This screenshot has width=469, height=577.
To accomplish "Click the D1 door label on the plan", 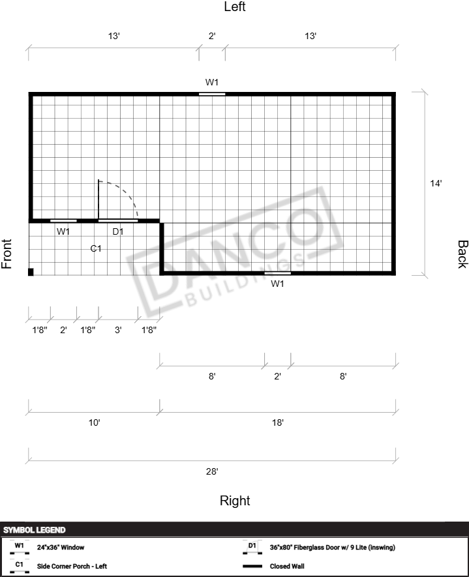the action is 118,231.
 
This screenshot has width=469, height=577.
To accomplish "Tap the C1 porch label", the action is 96,249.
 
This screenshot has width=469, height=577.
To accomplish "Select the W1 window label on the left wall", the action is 212,82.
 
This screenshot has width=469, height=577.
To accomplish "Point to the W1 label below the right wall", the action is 277,284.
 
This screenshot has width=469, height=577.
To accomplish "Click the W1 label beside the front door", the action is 63,231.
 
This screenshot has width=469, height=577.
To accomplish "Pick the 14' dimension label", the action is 436,183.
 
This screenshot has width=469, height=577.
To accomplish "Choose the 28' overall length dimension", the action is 212,471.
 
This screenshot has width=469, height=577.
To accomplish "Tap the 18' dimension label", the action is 278,422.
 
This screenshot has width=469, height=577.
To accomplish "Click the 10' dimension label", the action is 94,422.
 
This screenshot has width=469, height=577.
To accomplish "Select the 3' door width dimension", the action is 118,330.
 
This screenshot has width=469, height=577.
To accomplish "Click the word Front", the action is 7,254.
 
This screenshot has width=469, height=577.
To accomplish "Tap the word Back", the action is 462,254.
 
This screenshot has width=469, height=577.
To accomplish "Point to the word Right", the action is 235,501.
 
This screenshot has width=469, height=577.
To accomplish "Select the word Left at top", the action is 235,7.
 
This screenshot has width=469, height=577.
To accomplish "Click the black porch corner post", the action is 31,272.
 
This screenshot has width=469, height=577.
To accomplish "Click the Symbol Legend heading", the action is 34,530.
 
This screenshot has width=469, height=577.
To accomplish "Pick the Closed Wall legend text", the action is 287,566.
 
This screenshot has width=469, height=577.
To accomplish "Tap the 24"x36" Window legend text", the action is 61,547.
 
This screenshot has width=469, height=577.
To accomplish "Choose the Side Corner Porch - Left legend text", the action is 72,566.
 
